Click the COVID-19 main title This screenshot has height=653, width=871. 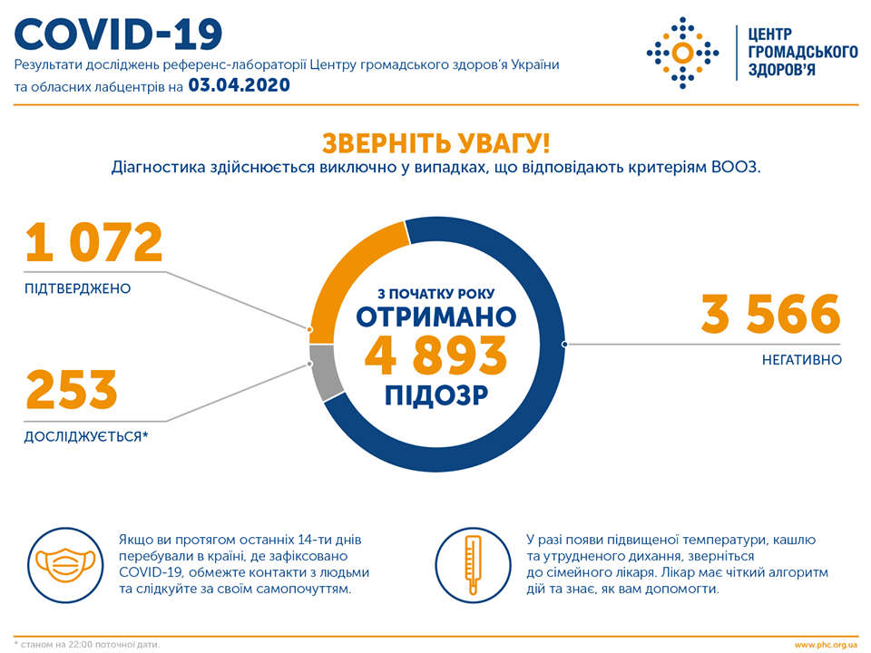click(119, 34)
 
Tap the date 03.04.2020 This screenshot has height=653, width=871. click(239, 86)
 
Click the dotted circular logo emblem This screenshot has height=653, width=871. click(681, 52)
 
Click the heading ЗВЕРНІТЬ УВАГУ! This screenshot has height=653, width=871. click(435, 143)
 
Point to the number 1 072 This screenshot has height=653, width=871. click(94, 243)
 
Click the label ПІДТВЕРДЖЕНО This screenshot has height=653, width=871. click(78, 288)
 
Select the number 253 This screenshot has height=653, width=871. click(72, 390)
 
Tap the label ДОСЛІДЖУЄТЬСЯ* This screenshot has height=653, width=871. click(86, 437)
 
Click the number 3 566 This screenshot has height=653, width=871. click(770, 314)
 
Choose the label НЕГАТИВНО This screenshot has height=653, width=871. click(802, 360)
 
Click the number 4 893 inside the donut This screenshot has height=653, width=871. click(435, 356)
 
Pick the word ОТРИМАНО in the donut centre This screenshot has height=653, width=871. click(435, 317)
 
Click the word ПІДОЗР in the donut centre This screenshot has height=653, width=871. click(435, 395)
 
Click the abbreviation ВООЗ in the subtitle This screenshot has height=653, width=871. click(737, 168)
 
